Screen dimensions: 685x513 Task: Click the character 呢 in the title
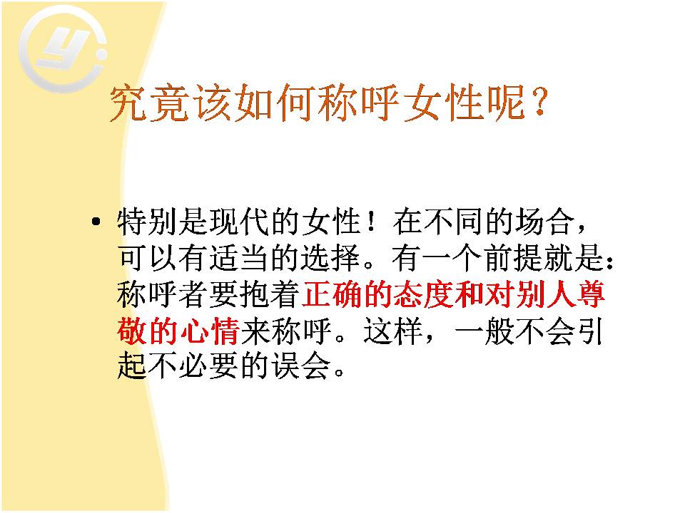click(507, 103)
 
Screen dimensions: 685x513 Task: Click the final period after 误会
click(339, 373)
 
